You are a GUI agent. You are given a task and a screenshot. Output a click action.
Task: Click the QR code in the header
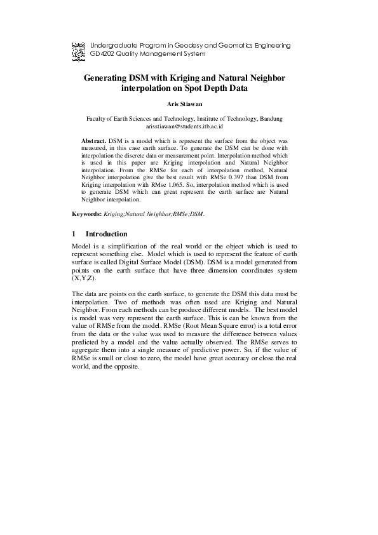tap(78, 50)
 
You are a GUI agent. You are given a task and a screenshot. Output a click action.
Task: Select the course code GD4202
tap(104, 55)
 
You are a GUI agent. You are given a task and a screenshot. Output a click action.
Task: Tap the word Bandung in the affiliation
tap(270, 119)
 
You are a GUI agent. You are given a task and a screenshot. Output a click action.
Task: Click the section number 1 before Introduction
tap(74, 234)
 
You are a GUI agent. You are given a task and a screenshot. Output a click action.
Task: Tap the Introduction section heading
tap(107, 234)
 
